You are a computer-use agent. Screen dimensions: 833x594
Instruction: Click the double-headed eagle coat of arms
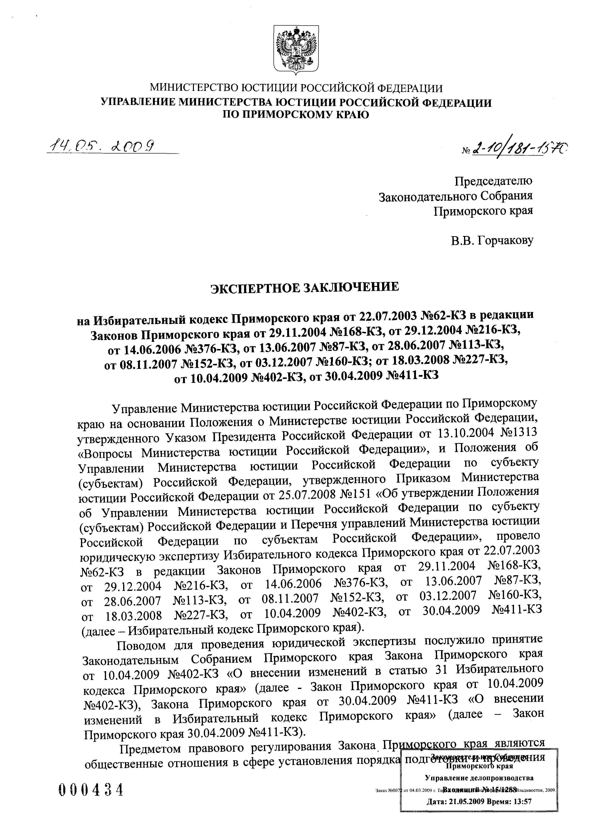[x=296, y=50]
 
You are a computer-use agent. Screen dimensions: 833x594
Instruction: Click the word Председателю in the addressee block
[x=493, y=181]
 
